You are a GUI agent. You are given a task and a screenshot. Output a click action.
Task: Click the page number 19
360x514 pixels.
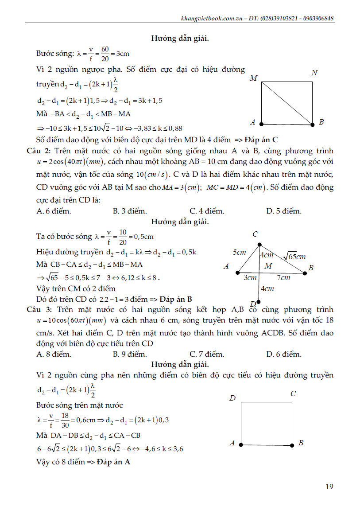(x=329, y=487)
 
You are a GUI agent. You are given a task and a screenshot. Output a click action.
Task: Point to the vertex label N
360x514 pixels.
(x=314, y=73)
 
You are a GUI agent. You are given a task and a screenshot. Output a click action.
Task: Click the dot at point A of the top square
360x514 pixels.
(x=262, y=124)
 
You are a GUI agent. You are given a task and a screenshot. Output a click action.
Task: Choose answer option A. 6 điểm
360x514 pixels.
(x=54, y=211)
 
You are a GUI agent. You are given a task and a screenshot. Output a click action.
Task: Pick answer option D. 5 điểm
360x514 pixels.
(x=284, y=211)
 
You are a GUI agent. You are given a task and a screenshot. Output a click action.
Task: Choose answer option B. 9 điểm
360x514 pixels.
(x=130, y=354)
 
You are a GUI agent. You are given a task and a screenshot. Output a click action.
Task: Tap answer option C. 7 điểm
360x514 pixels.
(x=207, y=354)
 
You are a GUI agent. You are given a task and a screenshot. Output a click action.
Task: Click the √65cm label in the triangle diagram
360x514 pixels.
(x=294, y=256)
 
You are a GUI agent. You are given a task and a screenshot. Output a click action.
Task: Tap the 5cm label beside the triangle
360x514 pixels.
(x=239, y=253)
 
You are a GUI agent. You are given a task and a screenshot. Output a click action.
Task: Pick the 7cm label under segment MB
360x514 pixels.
(x=283, y=278)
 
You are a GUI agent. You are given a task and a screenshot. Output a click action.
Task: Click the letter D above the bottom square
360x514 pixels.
(x=232, y=398)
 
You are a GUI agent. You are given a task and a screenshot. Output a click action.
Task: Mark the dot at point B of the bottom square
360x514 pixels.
(x=292, y=444)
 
